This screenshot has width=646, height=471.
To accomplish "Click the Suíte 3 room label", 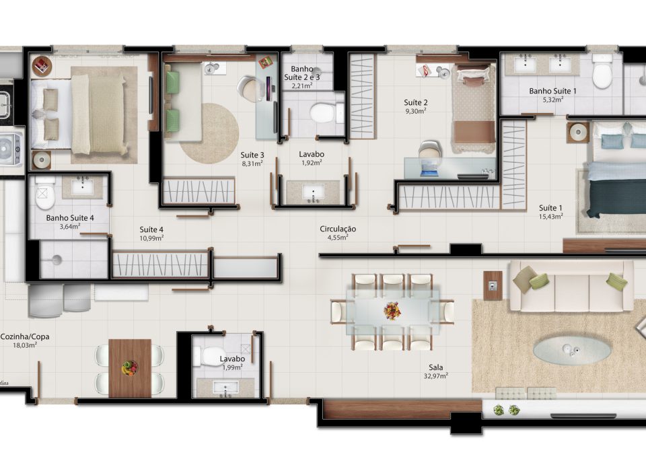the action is pyautogui.click(x=252, y=155).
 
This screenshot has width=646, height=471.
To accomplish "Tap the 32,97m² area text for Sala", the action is pyautogui.click(x=436, y=376).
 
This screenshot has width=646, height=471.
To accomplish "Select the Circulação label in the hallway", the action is pyautogui.click(x=338, y=229).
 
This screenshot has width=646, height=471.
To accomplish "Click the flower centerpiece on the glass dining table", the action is pyautogui.click(x=392, y=311).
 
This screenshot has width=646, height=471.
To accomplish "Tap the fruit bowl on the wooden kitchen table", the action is pyautogui.click(x=130, y=367).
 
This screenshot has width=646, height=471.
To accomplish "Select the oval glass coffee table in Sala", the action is pyautogui.click(x=572, y=351).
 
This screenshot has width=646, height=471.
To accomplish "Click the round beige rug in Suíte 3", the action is pyautogui.click(x=209, y=133).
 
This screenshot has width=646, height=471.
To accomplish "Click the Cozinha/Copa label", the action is pyautogui.click(x=25, y=336).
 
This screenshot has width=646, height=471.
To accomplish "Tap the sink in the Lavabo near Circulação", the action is pyautogui.click(x=313, y=192).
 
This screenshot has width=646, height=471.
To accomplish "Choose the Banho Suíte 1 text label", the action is pyautogui.click(x=552, y=91).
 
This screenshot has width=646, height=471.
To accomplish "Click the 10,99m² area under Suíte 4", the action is pyautogui.click(x=151, y=238).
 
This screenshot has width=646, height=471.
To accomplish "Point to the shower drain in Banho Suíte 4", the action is pyautogui.click(x=57, y=260).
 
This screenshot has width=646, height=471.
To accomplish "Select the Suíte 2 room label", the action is pyautogui.click(x=415, y=102).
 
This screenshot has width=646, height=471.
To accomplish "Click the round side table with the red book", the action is pyautogui.click(x=42, y=66).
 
